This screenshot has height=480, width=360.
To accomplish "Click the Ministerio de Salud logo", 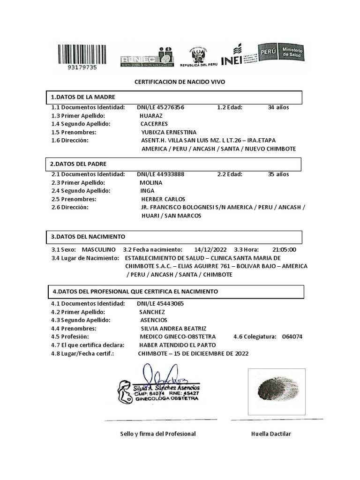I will (280, 52).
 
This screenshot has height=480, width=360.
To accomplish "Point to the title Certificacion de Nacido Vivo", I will (180, 82).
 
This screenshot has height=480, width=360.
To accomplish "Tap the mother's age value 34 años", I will (278, 107).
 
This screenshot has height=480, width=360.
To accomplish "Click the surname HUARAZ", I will (151, 116).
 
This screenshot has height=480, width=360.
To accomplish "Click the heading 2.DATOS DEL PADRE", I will (78, 164).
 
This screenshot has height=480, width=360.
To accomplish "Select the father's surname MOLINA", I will (150, 183).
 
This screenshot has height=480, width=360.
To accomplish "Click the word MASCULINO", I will (98, 250).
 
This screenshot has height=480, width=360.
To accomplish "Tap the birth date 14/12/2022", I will (210, 250).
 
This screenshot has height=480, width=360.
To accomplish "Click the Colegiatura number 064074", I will (292, 337).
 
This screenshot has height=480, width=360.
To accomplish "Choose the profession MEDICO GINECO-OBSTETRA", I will (178, 337).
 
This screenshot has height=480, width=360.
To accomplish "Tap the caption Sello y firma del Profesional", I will (158, 434).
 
